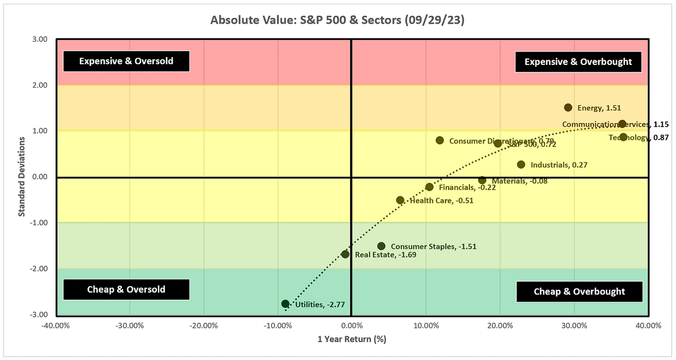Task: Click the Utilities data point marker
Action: (285, 304)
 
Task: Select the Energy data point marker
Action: (568, 108)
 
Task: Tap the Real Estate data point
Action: (345, 254)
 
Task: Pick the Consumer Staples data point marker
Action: (381, 246)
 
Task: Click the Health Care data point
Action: (400, 200)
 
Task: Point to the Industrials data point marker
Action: (521, 165)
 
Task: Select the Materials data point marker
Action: (482, 180)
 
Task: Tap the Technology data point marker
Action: (623, 137)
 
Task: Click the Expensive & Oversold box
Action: (126, 61)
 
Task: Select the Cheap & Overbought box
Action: (579, 291)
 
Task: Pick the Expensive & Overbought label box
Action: (578, 62)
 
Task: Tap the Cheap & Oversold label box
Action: (126, 289)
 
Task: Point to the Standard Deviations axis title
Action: (22, 177)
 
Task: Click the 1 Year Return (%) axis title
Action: (351, 339)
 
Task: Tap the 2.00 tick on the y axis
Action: (40, 85)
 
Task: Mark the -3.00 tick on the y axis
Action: (39, 315)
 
